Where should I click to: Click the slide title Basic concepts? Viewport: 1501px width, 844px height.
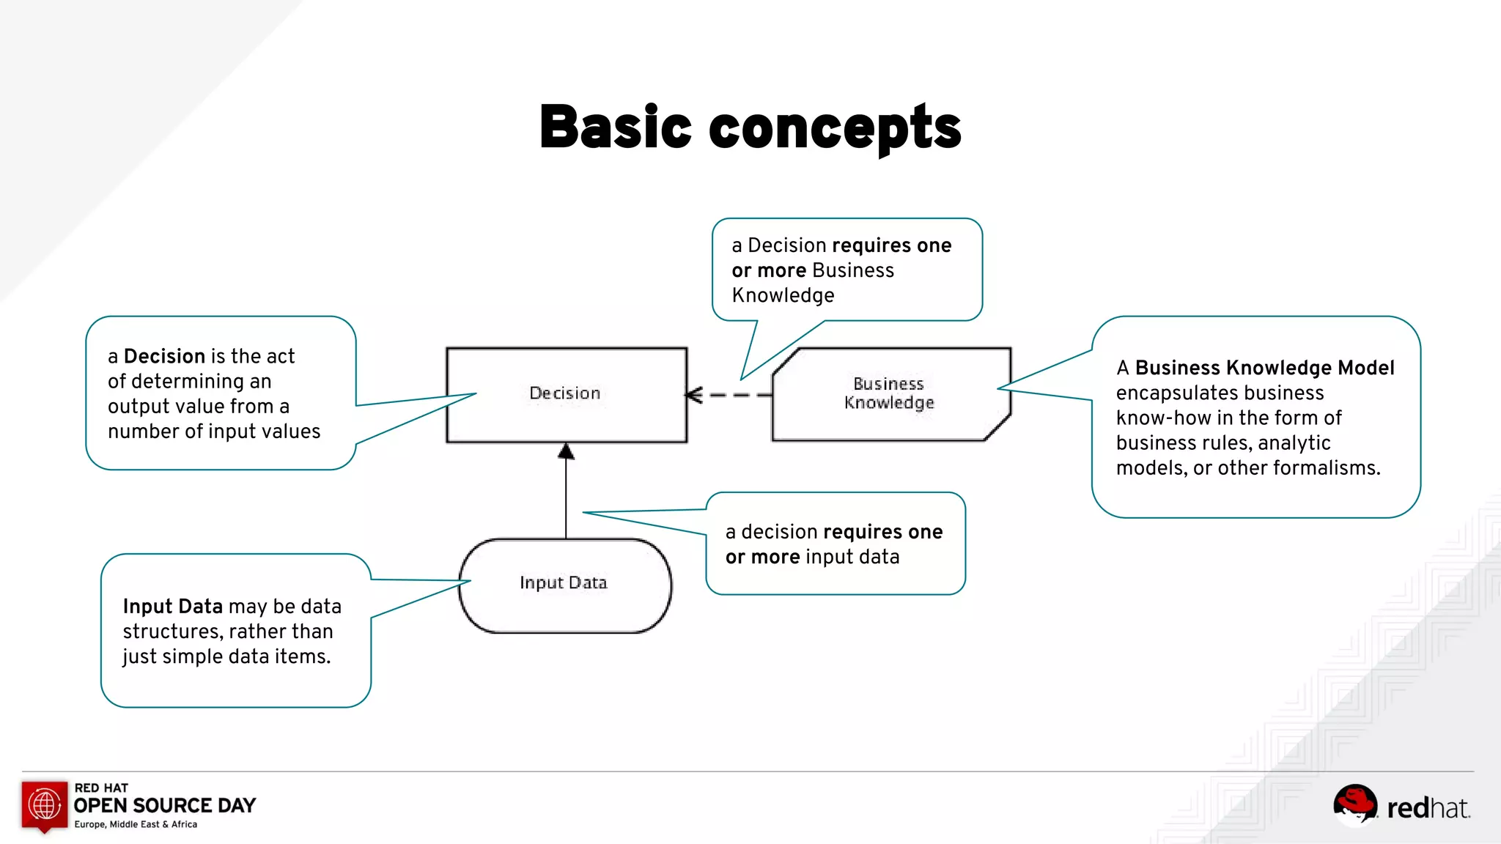point(750,127)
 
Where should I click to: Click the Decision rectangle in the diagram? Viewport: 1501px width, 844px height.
point(566,394)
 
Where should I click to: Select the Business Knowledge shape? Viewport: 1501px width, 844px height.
point(890,394)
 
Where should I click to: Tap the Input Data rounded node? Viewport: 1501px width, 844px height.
point(564,584)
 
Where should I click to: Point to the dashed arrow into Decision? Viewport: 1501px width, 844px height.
point(729,395)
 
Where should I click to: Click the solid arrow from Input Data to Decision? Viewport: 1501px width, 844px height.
point(566,491)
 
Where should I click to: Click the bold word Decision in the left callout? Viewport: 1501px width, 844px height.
point(164,357)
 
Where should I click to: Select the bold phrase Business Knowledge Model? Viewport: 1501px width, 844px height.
point(1264,368)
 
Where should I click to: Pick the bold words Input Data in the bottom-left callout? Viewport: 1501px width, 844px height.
point(173,607)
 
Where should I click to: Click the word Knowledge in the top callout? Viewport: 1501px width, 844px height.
point(783,295)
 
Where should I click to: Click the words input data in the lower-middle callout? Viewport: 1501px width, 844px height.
point(852,558)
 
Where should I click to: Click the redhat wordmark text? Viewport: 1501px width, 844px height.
point(1428,808)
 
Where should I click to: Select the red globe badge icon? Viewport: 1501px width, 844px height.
point(45,806)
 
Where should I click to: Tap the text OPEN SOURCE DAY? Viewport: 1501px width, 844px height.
point(165,806)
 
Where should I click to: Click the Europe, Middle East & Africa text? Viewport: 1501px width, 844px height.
point(136,825)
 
